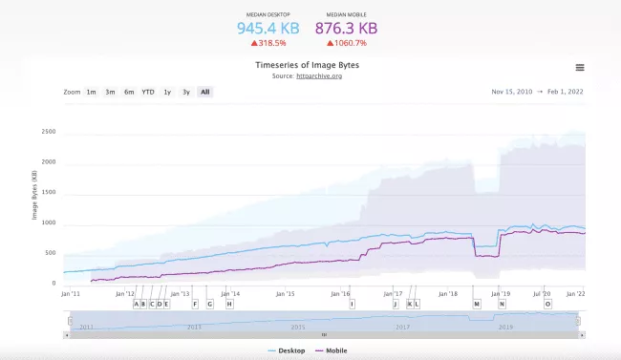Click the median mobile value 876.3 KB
coord(346,29)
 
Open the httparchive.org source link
coord(320,75)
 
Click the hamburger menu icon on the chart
coord(580,68)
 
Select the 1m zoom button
coord(91,92)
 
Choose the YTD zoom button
coord(148,92)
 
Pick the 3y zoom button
coord(186,92)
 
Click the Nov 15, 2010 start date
coord(510,92)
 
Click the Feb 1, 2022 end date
coord(564,92)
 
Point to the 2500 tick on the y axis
coord(49,132)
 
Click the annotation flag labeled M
coord(477,304)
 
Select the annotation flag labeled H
coord(229,304)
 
